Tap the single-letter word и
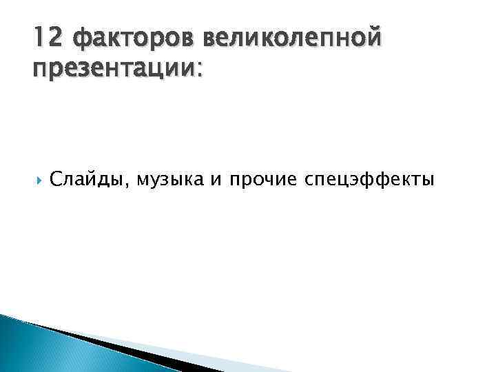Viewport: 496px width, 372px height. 216,180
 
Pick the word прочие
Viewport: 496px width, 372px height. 260,180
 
